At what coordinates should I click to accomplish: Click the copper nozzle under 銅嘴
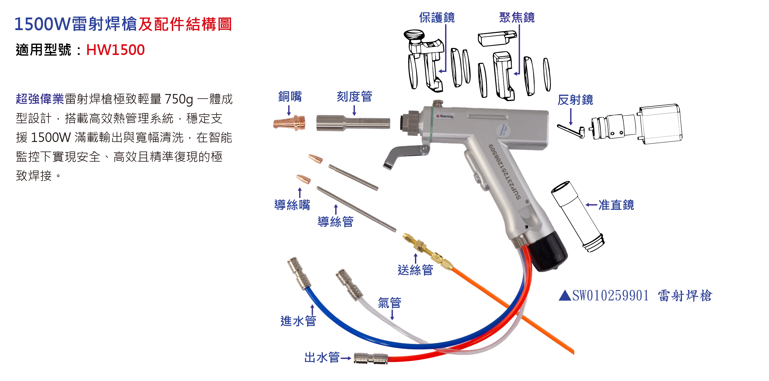click(x=289, y=123)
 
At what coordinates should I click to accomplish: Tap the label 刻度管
click(x=354, y=97)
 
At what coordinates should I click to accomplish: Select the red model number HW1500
click(x=115, y=50)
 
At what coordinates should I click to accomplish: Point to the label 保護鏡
click(x=437, y=18)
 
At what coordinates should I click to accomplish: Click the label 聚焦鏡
click(x=517, y=18)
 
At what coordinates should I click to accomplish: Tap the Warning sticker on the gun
click(x=445, y=116)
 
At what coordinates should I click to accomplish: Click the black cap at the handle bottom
click(x=549, y=252)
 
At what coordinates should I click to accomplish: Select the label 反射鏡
click(x=575, y=100)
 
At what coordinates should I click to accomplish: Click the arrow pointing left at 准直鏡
click(x=591, y=205)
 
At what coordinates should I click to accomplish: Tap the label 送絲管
click(x=415, y=270)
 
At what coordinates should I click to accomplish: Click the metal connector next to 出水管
click(x=371, y=358)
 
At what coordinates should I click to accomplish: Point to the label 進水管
click(x=298, y=321)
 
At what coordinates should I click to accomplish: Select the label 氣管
click(x=389, y=303)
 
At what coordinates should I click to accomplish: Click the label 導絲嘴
click(x=292, y=205)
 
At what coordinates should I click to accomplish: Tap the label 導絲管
click(x=335, y=222)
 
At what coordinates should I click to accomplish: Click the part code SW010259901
click(x=610, y=296)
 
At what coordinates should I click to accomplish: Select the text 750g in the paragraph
click(x=179, y=99)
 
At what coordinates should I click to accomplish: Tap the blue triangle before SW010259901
click(x=565, y=296)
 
